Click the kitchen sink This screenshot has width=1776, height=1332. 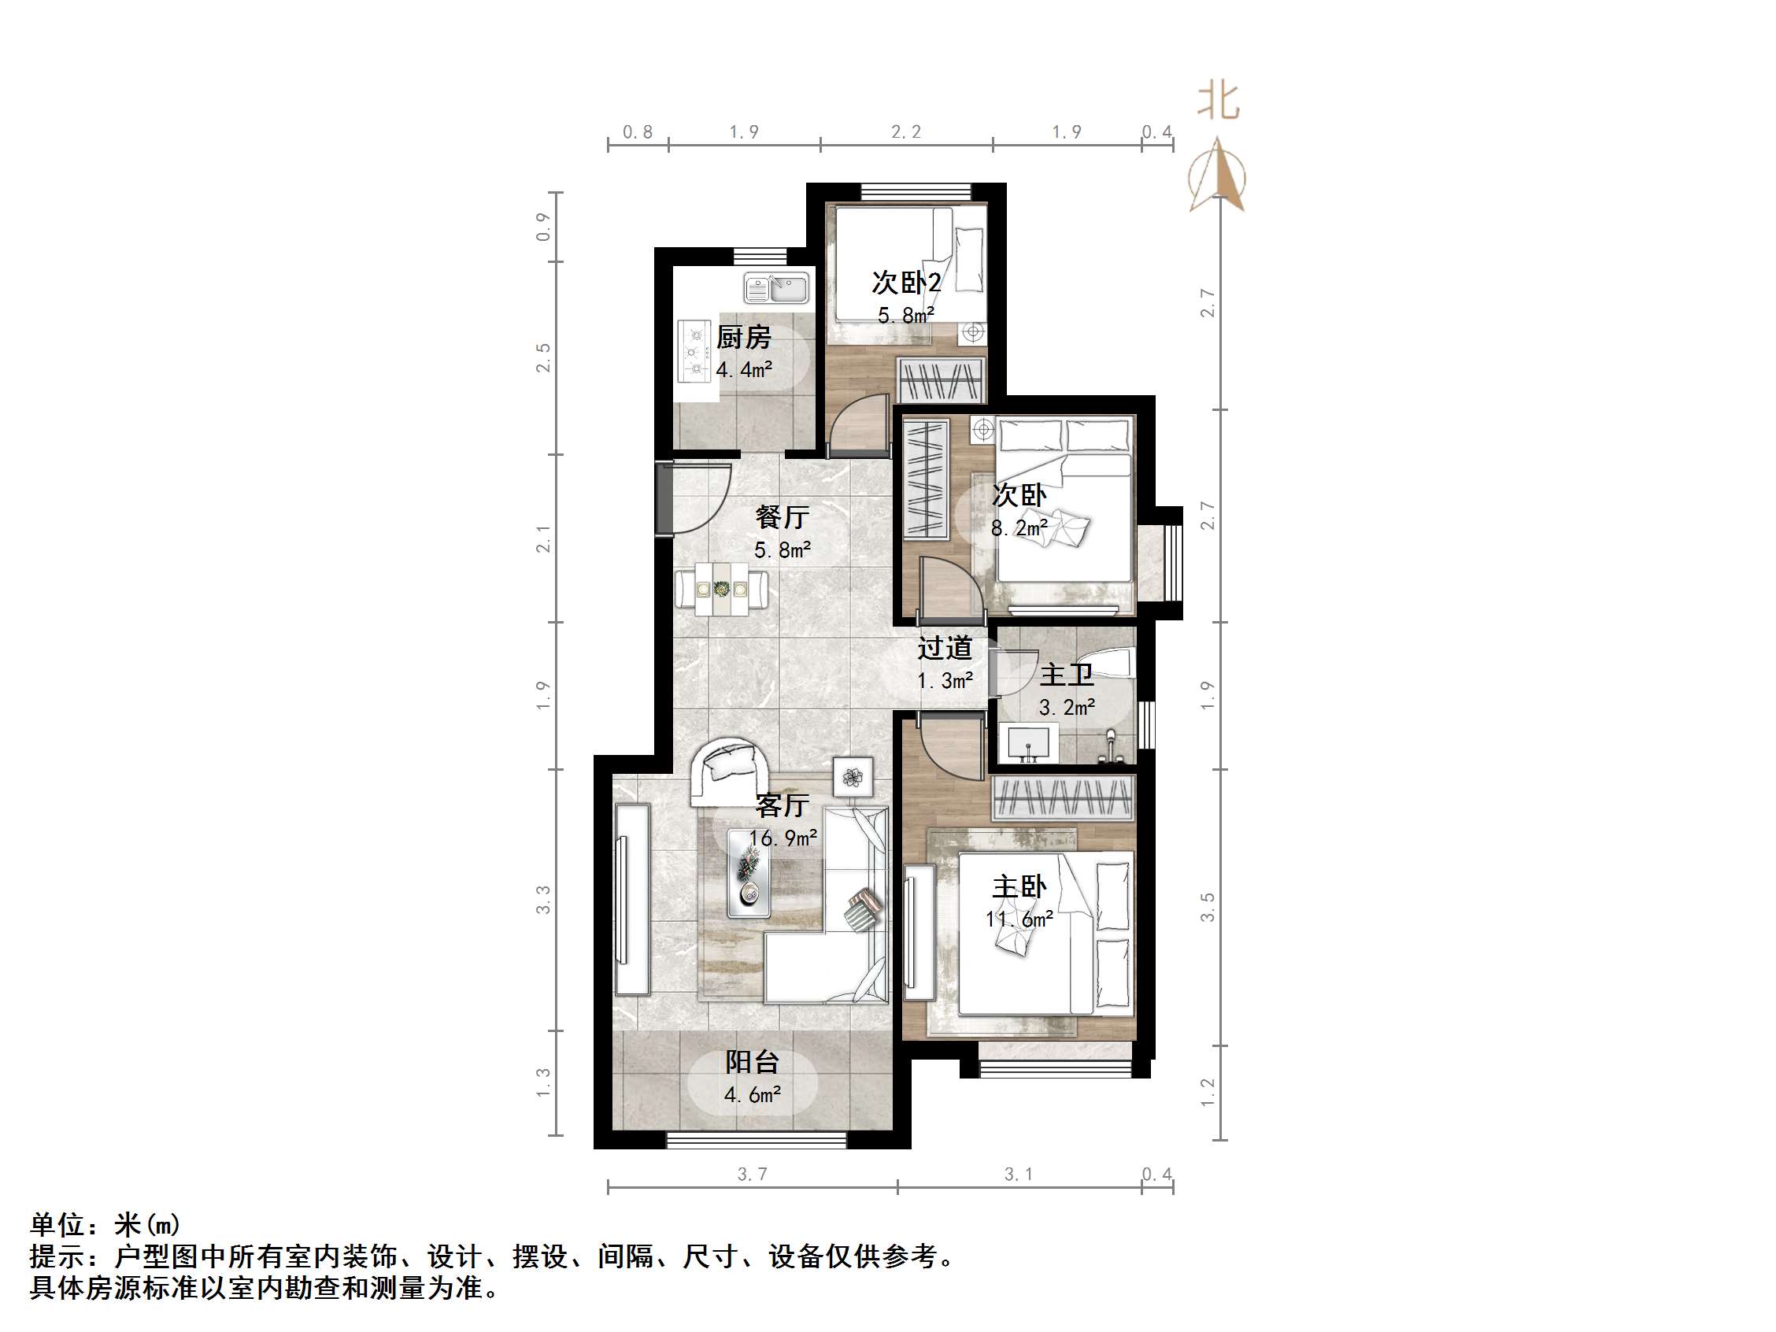775,288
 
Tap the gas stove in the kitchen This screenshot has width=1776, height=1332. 695,351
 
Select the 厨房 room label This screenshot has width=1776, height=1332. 743,337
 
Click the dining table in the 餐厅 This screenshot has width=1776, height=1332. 720,590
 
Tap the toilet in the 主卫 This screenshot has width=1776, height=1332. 1116,662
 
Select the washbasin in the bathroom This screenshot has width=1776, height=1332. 1028,742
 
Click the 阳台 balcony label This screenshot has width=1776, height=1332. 753,1062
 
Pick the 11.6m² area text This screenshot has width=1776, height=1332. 1019,919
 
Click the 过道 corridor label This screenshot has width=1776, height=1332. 945,648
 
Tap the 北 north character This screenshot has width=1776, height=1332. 1218,102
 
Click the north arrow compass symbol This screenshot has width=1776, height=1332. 1218,176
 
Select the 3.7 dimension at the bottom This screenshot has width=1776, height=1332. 753,1174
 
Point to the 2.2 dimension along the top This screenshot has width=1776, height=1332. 905,131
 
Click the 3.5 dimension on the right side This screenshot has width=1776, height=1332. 1208,906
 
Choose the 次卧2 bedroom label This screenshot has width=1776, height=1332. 906,283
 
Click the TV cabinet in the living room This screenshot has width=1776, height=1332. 631,899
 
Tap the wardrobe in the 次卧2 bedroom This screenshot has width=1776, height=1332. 940,379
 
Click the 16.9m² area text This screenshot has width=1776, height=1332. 783,838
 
